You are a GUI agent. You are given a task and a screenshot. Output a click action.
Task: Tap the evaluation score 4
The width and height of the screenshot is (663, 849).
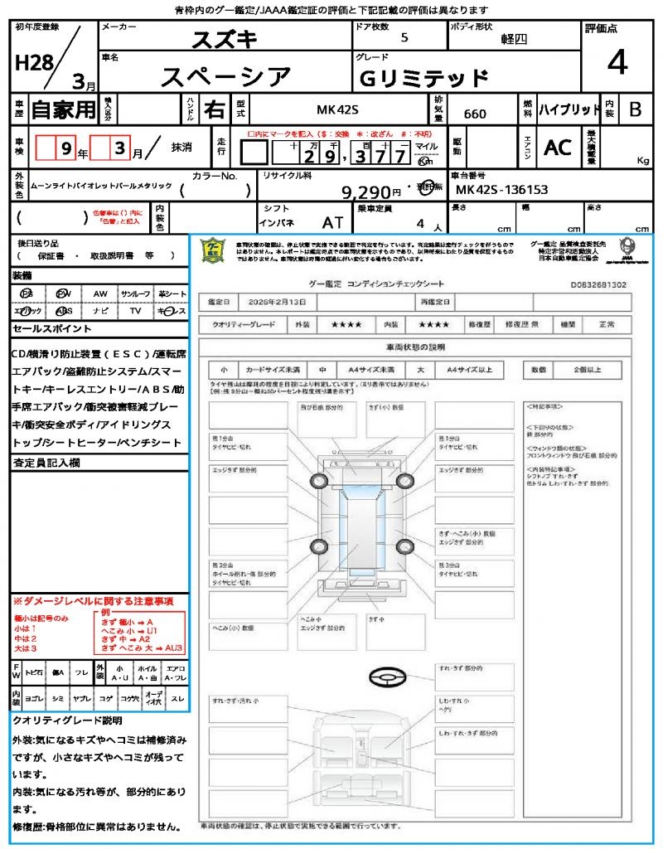[x=616, y=63]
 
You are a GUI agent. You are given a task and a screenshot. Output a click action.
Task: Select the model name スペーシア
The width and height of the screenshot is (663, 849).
[x=225, y=77]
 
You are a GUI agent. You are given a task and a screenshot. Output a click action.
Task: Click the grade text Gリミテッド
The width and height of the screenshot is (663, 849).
[x=423, y=79]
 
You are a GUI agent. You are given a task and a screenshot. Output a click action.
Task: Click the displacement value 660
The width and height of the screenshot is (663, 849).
[x=475, y=114]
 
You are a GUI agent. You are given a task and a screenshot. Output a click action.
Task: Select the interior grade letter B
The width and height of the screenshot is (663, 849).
[x=635, y=109]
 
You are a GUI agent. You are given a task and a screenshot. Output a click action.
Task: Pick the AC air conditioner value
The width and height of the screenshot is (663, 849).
[x=557, y=147]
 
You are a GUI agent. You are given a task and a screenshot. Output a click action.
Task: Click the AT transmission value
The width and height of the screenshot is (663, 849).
[x=332, y=223]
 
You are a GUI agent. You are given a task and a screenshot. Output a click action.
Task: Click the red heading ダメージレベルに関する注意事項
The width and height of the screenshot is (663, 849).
[x=93, y=600]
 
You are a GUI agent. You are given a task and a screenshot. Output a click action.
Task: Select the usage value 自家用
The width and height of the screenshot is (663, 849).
[x=63, y=109]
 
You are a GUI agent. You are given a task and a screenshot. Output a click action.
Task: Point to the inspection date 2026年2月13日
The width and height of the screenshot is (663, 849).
[x=280, y=301]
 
